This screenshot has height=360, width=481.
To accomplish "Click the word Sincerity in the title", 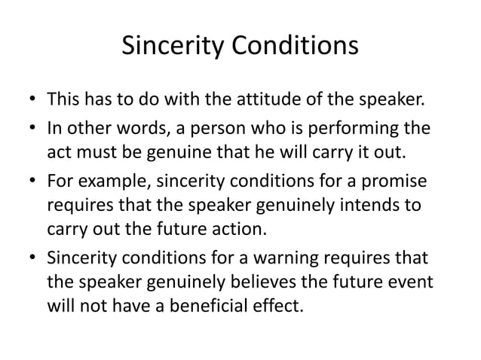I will [167, 47].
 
